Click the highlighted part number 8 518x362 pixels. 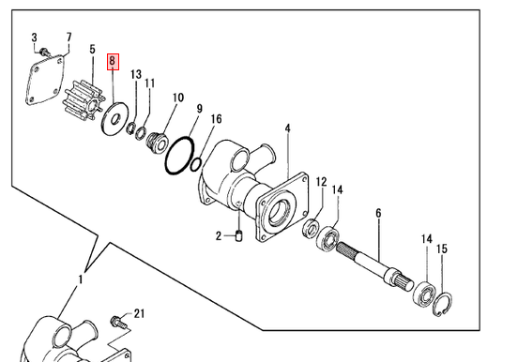click(x=113, y=62)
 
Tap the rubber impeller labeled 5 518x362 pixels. click(x=84, y=100)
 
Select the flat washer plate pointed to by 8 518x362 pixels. click(x=114, y=119)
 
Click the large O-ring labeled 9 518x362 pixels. click(x=179, y=156)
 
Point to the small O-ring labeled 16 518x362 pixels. click(x=196, y=164)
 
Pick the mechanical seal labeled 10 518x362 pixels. click(x=157, y=143)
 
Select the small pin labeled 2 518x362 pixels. click(x=239, y=236)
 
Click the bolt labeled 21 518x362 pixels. click(x=118, y=322)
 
